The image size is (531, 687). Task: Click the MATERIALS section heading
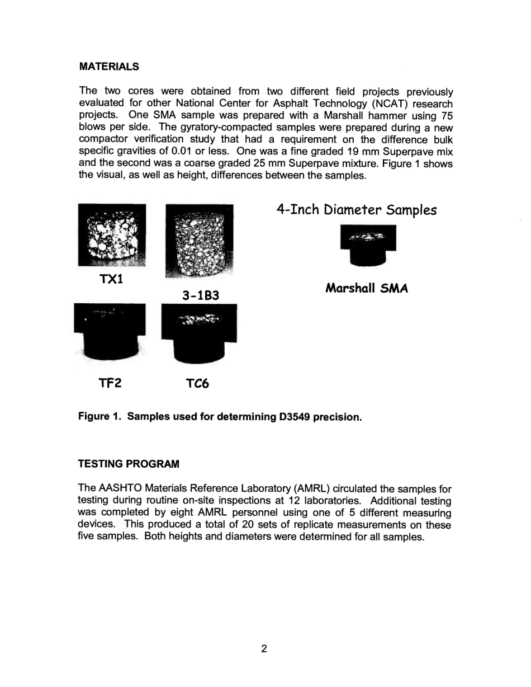pyautogui.click(x=109, y=67)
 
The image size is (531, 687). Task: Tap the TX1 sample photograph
pyautogui.click(x=112, y=234)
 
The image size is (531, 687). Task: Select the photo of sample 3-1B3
pyautogui.click(x=199, y=240)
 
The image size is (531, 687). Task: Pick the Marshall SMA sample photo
pyautogui.click(x=368, y=244)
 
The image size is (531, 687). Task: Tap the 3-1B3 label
pyautogui.click(x=199, y=294)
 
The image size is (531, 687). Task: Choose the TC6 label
pyautogui.click(x=197, y=384)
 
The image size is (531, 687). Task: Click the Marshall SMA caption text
pyautogui.click(x=367, y=289)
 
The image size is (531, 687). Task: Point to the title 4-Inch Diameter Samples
pyautogui.click(x=356, y=210)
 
